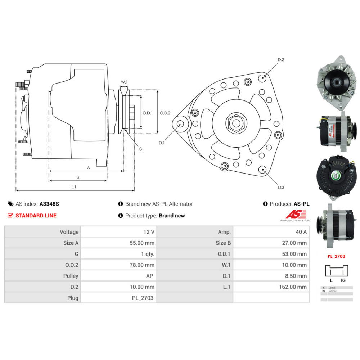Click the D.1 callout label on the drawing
[x=162, y=143]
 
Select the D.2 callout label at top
[x=281, y=60]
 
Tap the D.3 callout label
[x=281, y=187]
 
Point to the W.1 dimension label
[x=124, y=82]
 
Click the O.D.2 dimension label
[x=165, y=113]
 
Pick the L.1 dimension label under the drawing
[x=74, y=186]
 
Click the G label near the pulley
[x=140, y=149]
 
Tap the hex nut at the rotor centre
[x=236, y=123]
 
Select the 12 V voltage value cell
[x=149, y=232]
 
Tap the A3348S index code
[x=49, y=204]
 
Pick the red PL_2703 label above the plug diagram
[x=336, y=256]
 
